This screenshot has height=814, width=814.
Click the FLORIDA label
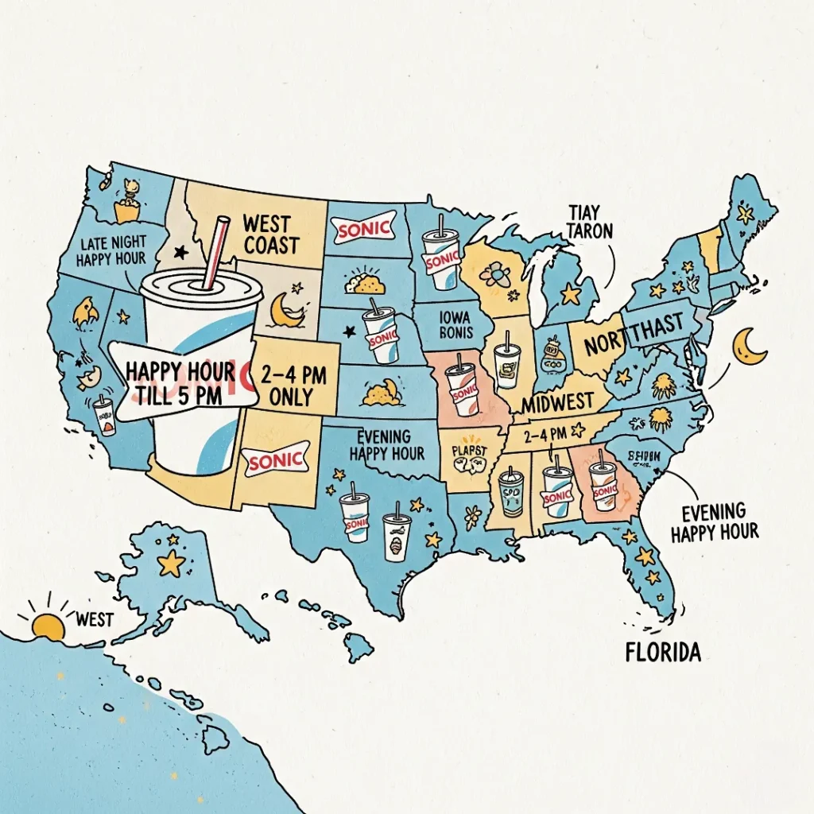pyautogui.click(x=663, y=653)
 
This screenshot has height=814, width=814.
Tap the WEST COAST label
pyautogui.click(x=271, y=234)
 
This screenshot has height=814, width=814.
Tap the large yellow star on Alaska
pyautogui.click(x=170, y=563)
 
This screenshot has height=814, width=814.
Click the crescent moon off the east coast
pyautogui.click(x=749, y=347)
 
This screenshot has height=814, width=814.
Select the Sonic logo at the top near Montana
pyautogui.click(x=364, y=229)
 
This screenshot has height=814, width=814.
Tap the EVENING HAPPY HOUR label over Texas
pyautogui.click(x=386, y=445)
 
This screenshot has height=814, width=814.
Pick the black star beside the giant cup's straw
pyautogui.click(x=180, y=253)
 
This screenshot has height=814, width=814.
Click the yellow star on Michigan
pyautogui.click(x=570, y=294)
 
